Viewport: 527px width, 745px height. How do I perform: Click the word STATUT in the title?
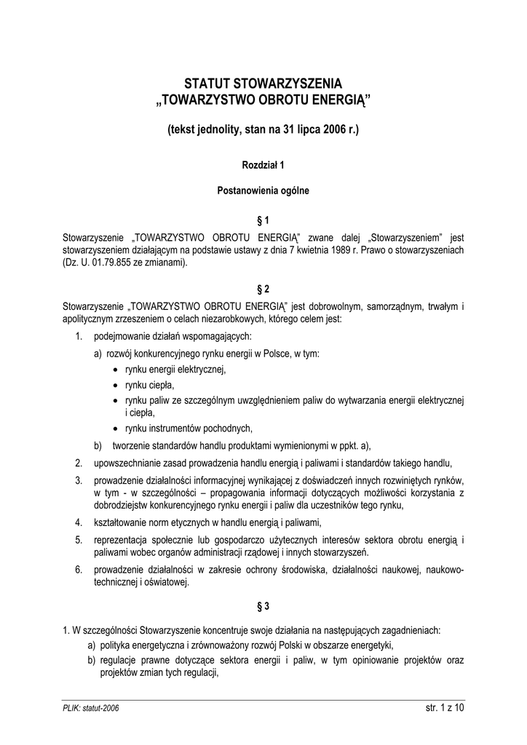pyautogui.click(x=206, y=83)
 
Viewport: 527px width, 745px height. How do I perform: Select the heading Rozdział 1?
pyautogui.click(x=263, y=165)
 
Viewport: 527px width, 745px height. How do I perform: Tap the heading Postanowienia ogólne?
pyautogui.click(x=263, y=191)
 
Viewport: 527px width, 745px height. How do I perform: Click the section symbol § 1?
pyautogui.click(x=263, y=219)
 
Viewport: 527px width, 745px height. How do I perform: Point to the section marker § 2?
pyautogui.click(x=263, y=288)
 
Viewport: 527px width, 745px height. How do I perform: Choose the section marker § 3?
pyautogui.click(x=263, y=605)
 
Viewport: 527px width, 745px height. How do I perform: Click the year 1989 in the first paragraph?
pyautogui.click(x=336, y=250)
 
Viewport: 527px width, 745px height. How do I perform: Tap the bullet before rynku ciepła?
pyautogui.click(x=116, y=386)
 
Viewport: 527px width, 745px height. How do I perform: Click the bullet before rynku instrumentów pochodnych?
pyautogui.click(x=116, y=429)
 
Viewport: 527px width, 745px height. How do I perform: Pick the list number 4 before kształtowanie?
pyautogui.click(x=78, y=522)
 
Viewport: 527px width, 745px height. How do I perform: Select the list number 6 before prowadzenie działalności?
pyautogui.click(x=78, y=570)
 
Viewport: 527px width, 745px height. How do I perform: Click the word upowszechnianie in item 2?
pyautogui.click(x=127, y=463)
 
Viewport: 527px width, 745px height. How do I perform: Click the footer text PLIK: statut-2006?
pyautogui.click(x=91, y=707)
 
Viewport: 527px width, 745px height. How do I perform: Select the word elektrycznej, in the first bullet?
pyautogui.click(x=200, y=370)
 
